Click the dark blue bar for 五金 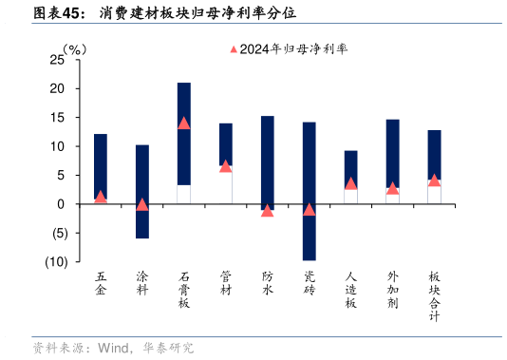[101, 166]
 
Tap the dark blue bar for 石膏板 [184, 133]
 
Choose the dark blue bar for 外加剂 [392, 152]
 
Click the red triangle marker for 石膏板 [184, 123]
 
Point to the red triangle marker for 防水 [267, 210]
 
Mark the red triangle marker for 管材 [225, 165]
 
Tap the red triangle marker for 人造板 [350, 183]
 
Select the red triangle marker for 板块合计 [434, 180]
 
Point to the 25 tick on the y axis [57, 60]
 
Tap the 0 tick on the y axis [61, 204]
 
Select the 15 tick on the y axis [57, 118]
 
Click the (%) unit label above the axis [74, 47]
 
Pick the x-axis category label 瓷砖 [309, 284]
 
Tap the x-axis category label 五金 [101, 284]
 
